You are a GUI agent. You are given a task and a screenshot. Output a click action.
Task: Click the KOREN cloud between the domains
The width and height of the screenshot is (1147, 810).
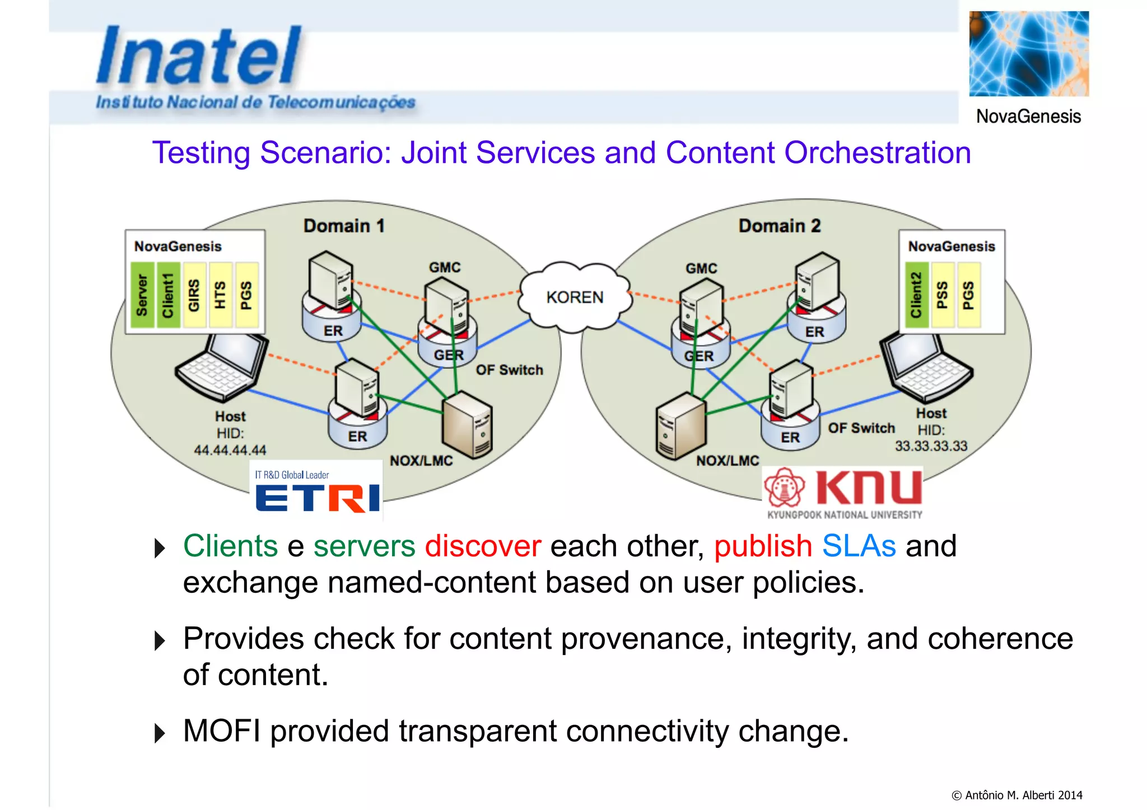click(575, 297)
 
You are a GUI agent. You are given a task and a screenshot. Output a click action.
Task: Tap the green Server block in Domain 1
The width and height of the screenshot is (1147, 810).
click(142, 295)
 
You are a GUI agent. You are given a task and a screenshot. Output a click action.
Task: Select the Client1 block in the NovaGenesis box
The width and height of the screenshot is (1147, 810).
click(168, 295)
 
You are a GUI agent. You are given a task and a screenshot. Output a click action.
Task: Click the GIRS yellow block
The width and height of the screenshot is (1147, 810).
click(194, 295)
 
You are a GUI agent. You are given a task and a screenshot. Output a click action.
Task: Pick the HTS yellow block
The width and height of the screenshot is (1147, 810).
click(220, 295)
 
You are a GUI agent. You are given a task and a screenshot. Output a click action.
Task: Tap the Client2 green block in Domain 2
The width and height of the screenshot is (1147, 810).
click(916, 295)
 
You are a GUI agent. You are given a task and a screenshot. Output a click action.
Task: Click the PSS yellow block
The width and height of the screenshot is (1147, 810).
click(942, 295)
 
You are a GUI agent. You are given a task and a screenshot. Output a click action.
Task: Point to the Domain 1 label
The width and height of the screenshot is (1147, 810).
click(343, 226)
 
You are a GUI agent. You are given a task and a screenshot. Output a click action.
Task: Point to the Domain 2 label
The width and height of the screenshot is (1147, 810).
click(779, 226)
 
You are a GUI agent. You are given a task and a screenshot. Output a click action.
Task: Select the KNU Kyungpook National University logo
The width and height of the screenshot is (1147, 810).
click(843, 493)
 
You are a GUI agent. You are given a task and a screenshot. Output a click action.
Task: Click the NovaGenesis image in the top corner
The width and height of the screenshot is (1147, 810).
click(1029, 54)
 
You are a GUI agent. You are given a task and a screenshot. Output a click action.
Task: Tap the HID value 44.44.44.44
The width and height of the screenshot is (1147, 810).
click(230, 450)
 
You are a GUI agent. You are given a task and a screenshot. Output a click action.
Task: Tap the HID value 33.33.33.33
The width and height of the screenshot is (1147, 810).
click(931, 446)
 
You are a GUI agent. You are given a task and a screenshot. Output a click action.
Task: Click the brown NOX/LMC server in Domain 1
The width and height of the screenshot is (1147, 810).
click(467, 425)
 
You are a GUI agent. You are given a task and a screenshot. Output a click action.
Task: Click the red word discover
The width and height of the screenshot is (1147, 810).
click(483, 546)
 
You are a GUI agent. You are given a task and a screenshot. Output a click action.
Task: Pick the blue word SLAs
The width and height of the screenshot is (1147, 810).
click(859, 546)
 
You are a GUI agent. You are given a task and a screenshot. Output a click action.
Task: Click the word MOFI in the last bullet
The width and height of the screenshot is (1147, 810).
click(222, 731)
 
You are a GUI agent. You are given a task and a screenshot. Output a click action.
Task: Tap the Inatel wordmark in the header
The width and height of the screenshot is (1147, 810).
click(199, 56)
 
